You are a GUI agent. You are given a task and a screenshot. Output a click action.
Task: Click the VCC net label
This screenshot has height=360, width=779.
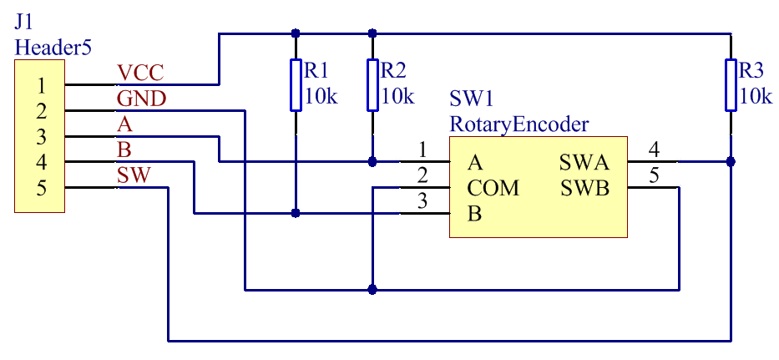140,74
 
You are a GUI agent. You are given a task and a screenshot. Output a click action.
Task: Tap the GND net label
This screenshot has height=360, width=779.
142,99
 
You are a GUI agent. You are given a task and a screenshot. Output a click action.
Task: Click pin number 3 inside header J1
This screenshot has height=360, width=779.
42,137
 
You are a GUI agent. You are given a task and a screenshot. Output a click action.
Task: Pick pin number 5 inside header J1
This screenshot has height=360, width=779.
42,188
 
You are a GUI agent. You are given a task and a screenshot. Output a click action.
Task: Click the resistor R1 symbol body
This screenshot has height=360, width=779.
296,85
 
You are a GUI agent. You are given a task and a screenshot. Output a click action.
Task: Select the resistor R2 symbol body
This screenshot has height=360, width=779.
372,85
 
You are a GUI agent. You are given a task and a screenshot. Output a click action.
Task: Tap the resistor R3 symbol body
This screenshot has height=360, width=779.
731,85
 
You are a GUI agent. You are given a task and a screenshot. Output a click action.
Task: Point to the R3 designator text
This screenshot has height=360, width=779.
751,71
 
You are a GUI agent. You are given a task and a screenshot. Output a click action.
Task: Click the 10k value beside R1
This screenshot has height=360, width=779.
321,96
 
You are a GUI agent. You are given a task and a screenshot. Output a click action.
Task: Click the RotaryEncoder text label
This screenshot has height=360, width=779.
519,124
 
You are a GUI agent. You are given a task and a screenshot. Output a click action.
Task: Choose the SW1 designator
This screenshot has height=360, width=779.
472,99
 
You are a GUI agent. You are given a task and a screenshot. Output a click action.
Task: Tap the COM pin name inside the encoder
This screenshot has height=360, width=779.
493,189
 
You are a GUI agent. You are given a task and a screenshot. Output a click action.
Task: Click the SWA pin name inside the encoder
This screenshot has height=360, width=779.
584,162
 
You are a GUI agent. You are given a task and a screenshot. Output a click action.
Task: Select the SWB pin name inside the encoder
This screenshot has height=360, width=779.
585,189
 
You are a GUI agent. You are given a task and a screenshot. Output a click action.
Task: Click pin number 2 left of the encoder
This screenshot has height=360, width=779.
422,176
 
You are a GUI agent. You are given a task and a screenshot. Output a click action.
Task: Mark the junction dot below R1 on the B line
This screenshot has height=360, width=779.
296,213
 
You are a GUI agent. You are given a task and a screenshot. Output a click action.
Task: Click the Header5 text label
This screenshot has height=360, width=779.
53,48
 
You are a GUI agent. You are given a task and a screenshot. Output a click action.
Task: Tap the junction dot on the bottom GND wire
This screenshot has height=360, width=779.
372,289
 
